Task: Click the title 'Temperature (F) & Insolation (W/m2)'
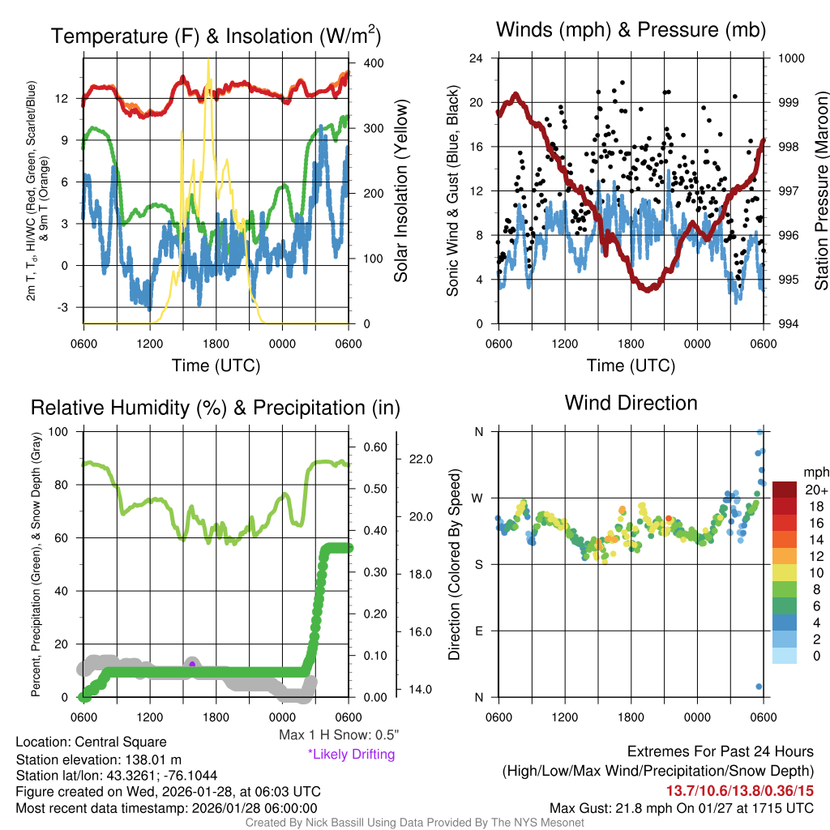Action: point(216,36)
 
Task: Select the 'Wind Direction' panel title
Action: point(631,403)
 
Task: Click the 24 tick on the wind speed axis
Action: point(477,58)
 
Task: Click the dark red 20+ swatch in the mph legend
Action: point(785,490)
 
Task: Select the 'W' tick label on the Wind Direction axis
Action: point(478,498)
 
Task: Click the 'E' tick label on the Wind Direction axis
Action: point(478,631)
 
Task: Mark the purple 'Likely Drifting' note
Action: point(351,755)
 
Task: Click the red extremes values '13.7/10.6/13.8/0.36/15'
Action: point(740,790)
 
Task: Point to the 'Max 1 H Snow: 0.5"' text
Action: point(338,735)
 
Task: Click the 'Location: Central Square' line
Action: point(91,742)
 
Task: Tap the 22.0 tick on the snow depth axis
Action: point(419,460)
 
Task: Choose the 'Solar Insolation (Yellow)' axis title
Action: point(401,191)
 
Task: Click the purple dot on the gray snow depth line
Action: point(192,664)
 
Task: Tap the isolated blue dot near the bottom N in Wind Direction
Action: point(759,687)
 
